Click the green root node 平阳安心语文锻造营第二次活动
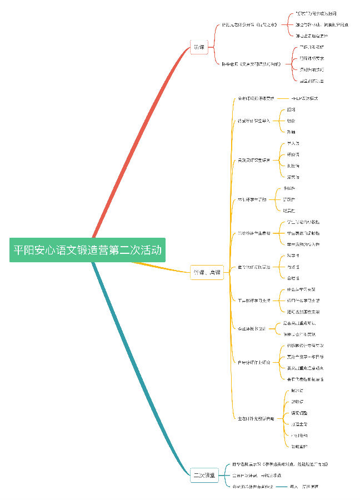[88, 250]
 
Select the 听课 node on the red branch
[198, 47]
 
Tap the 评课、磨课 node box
[207, 272]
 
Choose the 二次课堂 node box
[204, 475]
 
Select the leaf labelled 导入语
[293, 143]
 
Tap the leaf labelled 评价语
[293, 154]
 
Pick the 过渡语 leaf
[293, 166]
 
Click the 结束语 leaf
[293, 177]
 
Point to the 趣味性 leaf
[289, 188]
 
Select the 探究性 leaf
[289, 199]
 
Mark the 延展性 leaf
[289, 211]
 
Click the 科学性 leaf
[293, 256]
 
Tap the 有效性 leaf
[293, 267]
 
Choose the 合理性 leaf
[293, 278]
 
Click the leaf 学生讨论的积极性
[303, 222]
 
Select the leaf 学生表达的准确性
[303, 233]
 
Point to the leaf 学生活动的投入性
[303, 244]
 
